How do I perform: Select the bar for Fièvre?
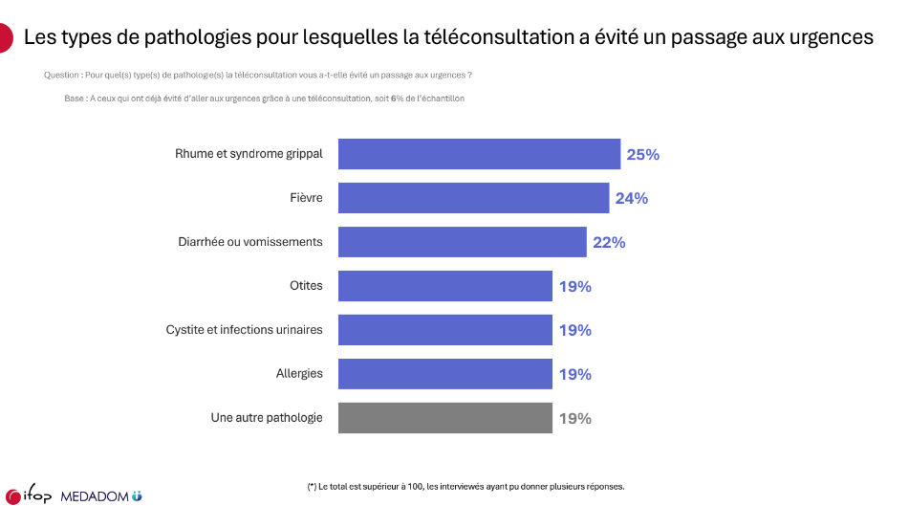(474, 198)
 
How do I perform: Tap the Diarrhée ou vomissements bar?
(463, 242)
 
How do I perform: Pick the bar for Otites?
(445, 286)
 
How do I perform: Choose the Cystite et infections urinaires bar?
(445, 330)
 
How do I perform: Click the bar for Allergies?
(445, 374)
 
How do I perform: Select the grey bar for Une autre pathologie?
(445, 418)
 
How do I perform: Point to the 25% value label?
(642, 154)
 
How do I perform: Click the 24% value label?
(631, 198)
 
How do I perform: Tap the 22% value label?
(609, 242)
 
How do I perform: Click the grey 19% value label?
(574, 418)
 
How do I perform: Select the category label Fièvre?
(306, 198)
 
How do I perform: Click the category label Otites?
(306, 286)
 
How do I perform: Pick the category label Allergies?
(299, 374)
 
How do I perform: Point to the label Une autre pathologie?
(266, 418)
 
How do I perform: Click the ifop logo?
(29, 495)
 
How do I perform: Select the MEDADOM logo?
(101, 495)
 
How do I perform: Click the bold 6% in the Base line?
(394, 99)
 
